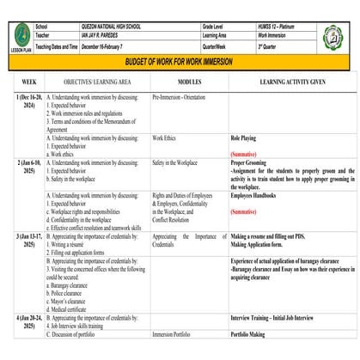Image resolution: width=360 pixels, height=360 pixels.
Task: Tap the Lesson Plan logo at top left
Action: [21, 38]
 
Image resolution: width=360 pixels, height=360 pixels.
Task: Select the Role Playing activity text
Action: [243, 137]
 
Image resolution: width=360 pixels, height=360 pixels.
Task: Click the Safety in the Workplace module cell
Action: [175, 162]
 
